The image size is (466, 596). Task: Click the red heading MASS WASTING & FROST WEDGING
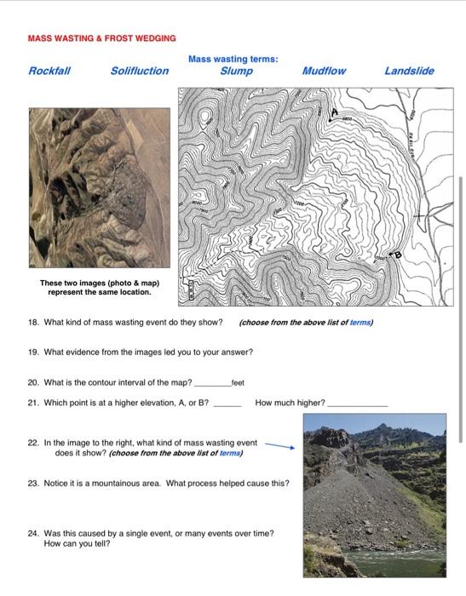point(101,38)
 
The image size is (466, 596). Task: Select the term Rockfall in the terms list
point(49,71)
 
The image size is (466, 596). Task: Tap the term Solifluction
point(140,71)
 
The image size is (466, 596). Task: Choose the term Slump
point(236,71)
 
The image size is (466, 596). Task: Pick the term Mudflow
point(324,71)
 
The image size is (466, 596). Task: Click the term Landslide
point(409,71)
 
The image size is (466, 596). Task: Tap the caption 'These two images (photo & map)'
point(99,283)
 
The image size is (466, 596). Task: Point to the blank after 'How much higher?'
point(357,404)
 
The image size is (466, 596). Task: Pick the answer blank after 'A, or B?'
point(227,404)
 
